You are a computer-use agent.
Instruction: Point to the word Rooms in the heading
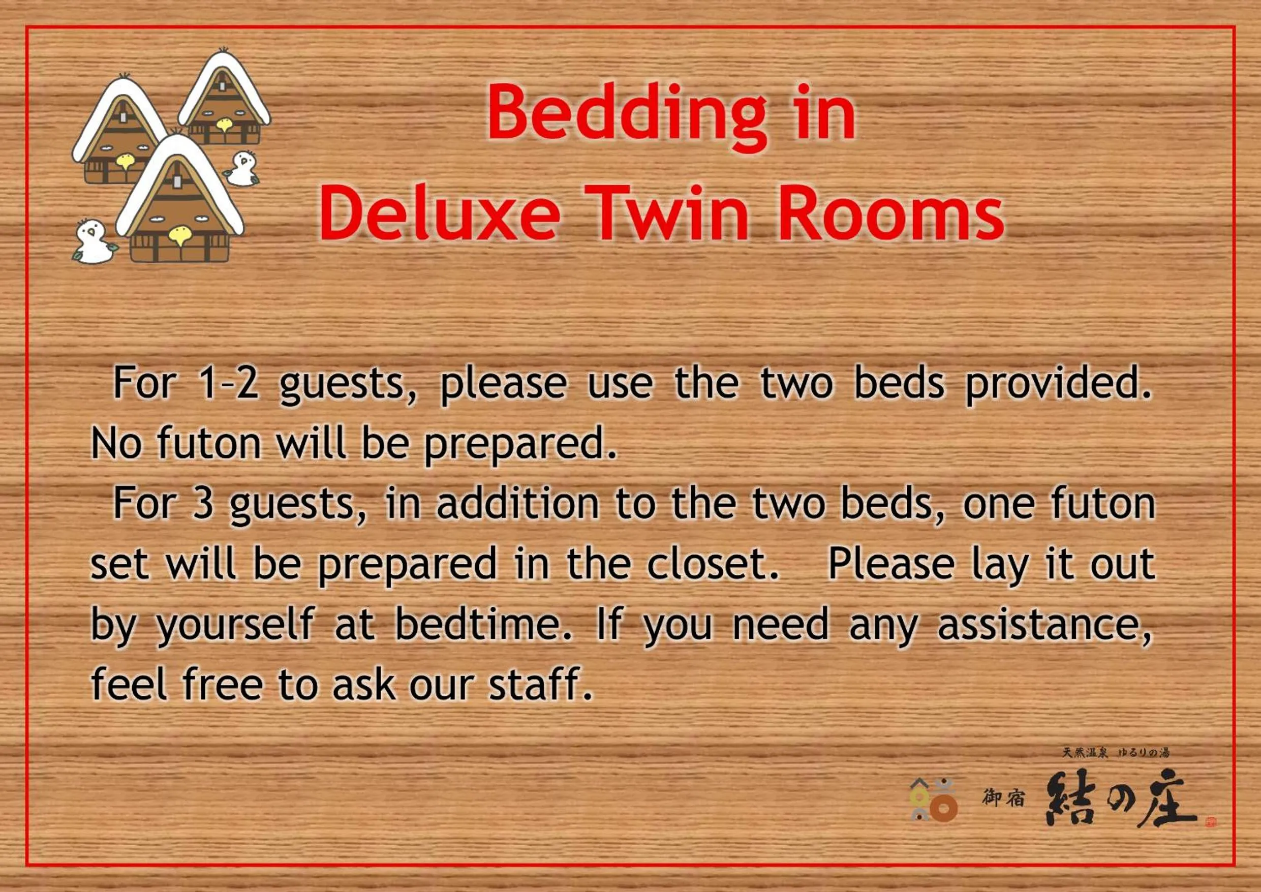click(891, 212)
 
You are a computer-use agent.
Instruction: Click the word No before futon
click(116, 443)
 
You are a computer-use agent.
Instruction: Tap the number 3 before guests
click(203, 504)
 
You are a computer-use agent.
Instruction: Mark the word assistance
click(1044, 626)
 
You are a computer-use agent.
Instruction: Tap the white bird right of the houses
click(241, 169)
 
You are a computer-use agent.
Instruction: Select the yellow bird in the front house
click(179, 235)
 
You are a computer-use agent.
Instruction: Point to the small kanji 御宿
click(1003, 798)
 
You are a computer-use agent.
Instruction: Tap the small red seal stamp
click(1211, 822)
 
